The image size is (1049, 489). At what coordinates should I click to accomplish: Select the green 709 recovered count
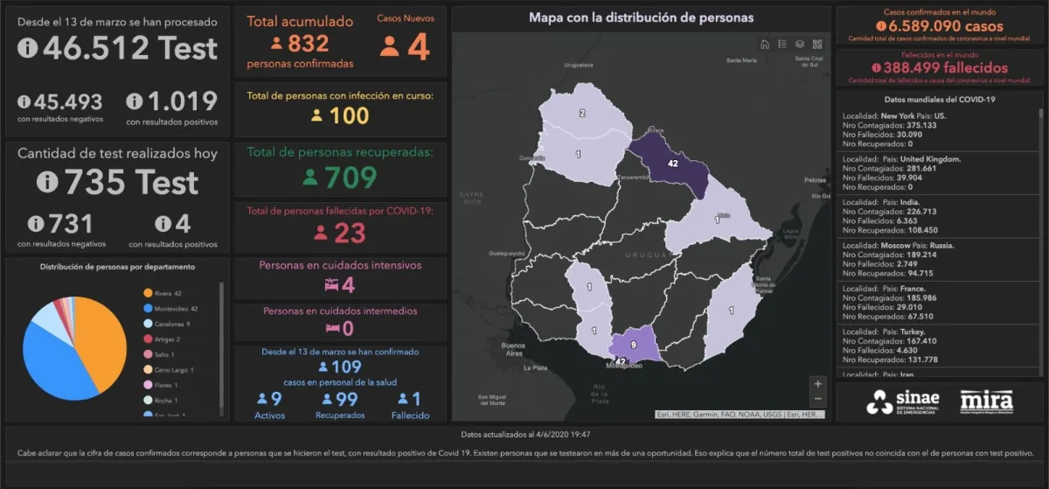click(x=351, y=177)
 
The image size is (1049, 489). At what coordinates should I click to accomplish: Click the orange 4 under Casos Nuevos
click(x=419, y=45)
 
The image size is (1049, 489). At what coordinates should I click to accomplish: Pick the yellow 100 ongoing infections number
click(x=350, y=115)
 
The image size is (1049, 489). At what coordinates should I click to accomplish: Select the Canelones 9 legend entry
click(x=170, y=324)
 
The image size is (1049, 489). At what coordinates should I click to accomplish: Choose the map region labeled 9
click(x=635, y=345)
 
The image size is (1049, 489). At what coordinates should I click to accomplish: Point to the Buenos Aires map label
click(x=513, y=350)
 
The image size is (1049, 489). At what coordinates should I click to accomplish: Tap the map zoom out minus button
click(x=817, y=400)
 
